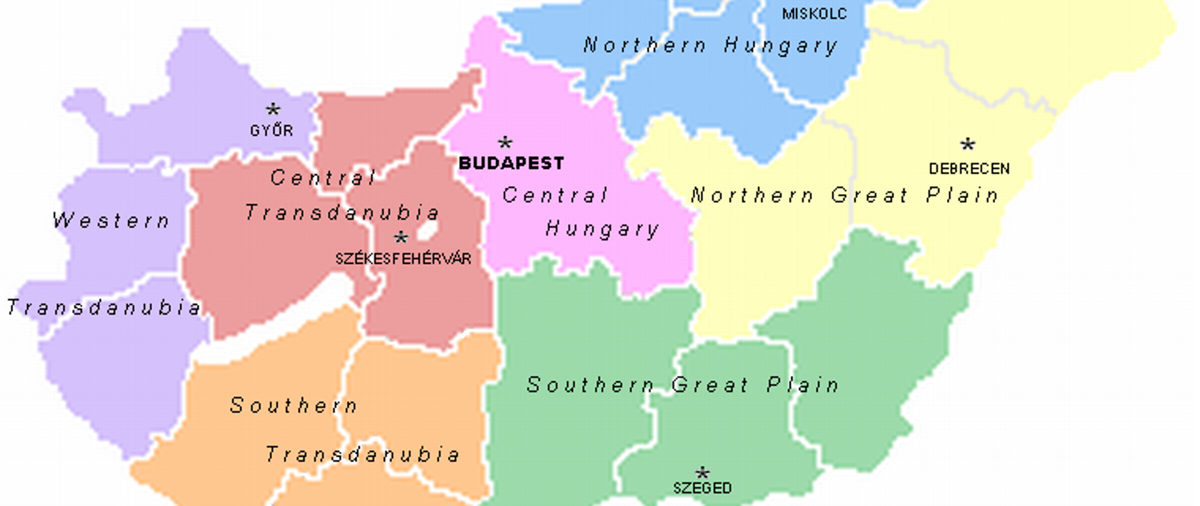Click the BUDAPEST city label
pos(511,164)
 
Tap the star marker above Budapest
pos(505,142)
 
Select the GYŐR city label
pos(271,131)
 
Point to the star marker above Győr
pos(272,110)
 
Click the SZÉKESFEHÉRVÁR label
pos(403,259)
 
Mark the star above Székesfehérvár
pos(401,237)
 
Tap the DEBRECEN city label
pos(969,169)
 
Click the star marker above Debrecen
pos(967,145)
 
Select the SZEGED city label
pos(702,488)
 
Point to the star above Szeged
pos(702,472)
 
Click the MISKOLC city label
pos(814,14)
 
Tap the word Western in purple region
pos(111,221)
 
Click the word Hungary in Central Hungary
pos(602,229)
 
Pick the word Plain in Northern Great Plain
pos(962,196)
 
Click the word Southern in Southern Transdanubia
pos(294,406)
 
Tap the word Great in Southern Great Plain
pos(710,385)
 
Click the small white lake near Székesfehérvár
pos(428,230)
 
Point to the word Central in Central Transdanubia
pos(323,178)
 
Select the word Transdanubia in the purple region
pos(104,307)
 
